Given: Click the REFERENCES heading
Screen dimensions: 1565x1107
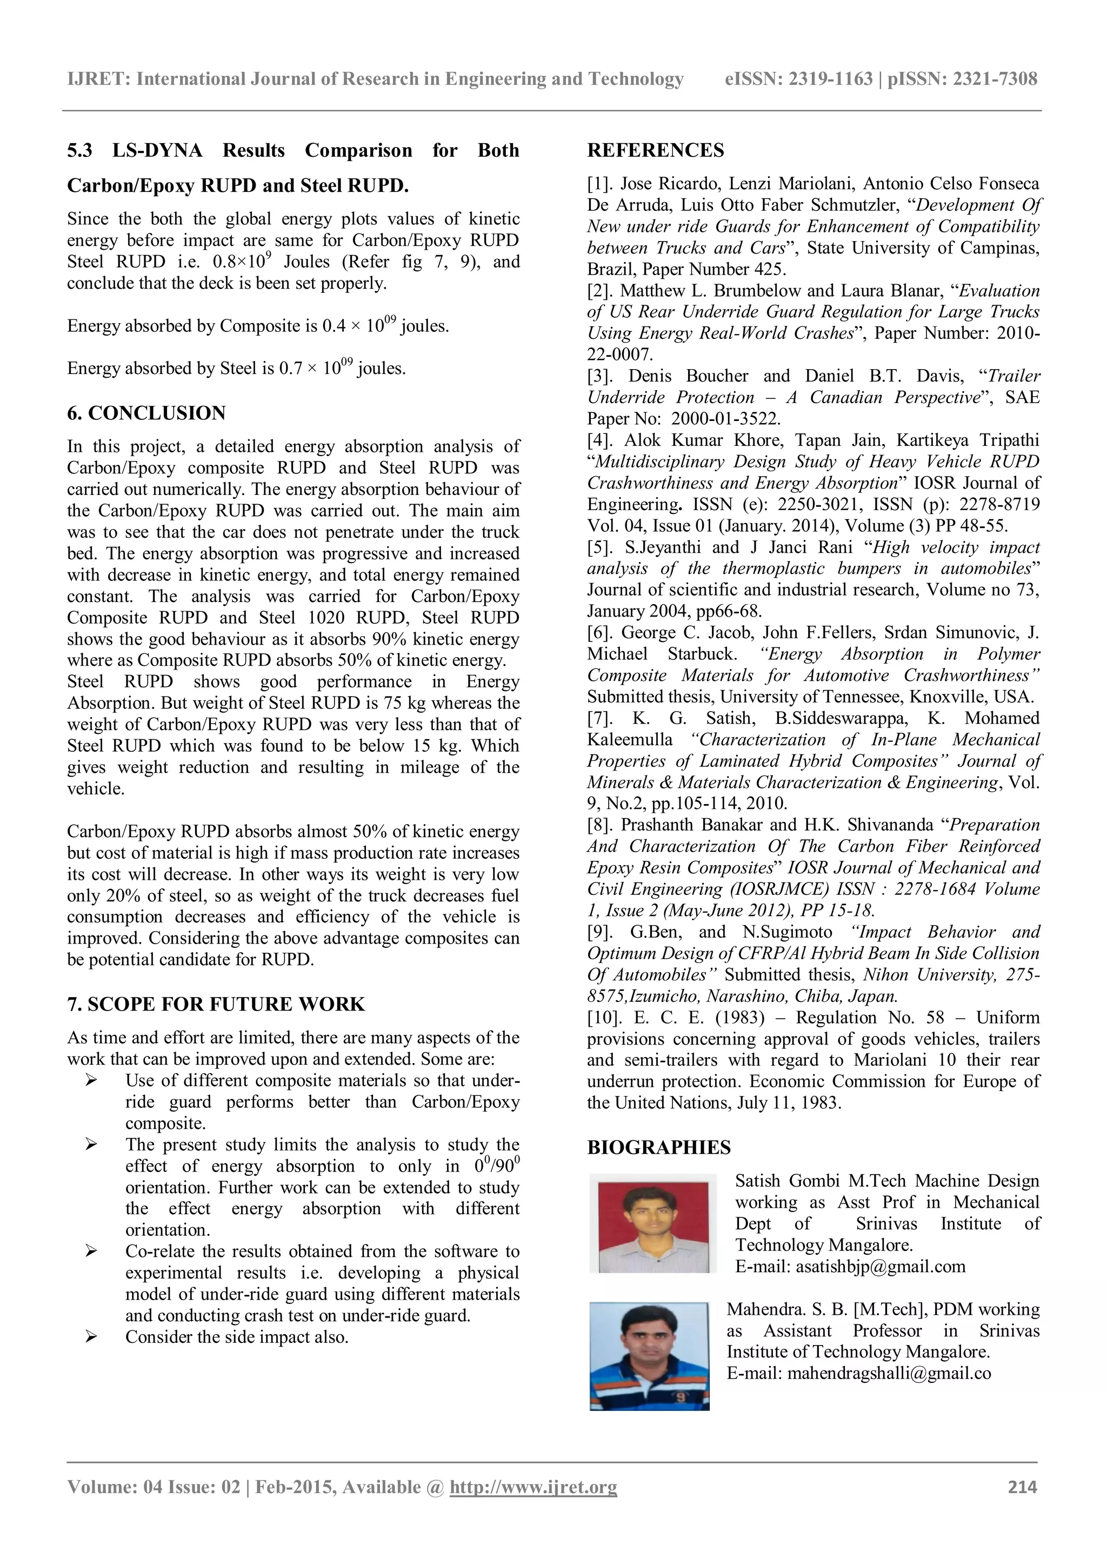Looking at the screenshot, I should pos(655,151).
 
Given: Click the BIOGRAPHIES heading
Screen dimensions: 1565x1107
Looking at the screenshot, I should pos(658,1148).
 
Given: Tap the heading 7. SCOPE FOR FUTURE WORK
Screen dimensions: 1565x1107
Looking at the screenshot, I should pos(216,1004).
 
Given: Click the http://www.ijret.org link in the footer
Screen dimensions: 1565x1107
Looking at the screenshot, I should pos(533,1487).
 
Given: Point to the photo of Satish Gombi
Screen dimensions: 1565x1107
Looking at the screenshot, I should pos(652,1223).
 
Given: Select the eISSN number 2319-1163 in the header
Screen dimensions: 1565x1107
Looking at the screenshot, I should pos(830,79).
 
